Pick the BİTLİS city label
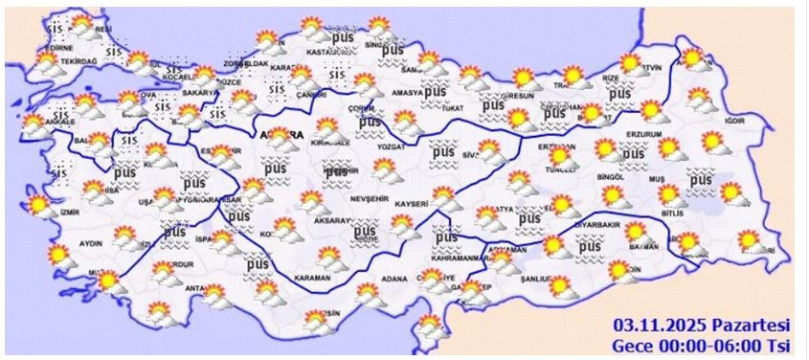(674, 214)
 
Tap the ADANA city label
(395, 279)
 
